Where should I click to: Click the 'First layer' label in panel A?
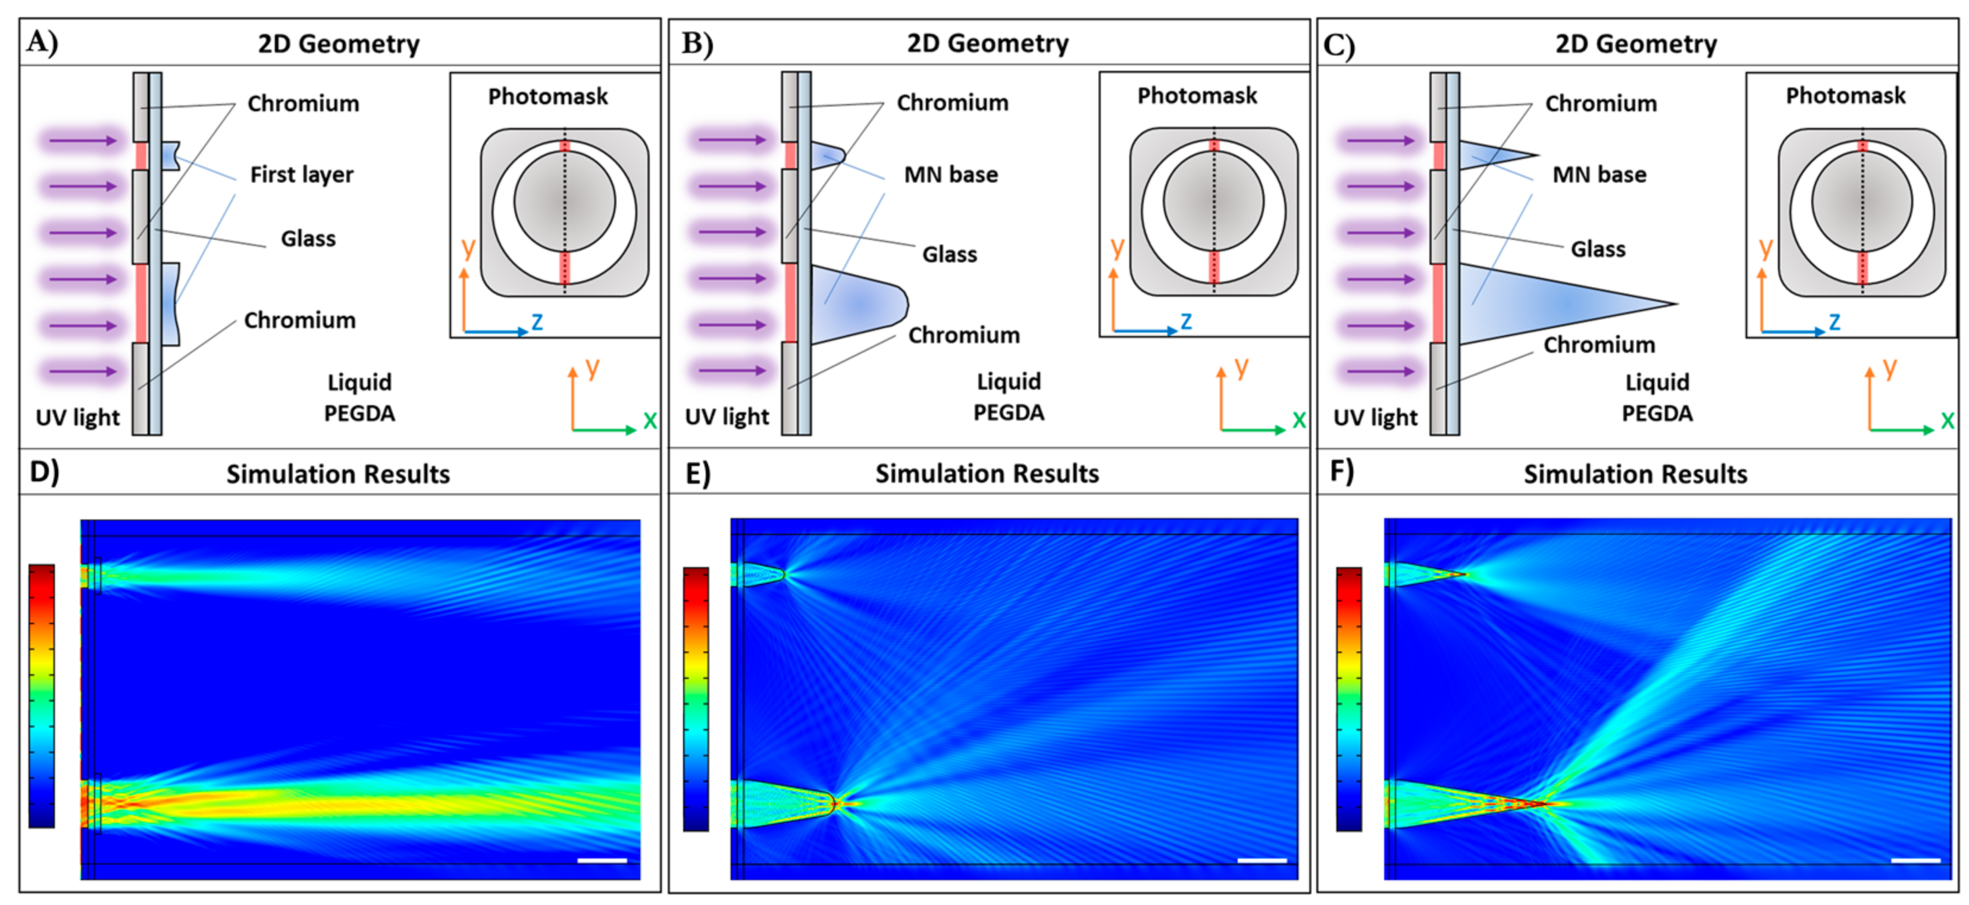[x=302, y=175]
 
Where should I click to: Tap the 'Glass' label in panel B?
[x=949, y=255]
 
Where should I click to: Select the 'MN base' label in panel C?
[x=1599, y=175]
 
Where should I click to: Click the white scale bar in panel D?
[x=602, y=860]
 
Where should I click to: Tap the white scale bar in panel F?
[x=1915, y=860]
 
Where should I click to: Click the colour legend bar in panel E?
[x=696, y=699]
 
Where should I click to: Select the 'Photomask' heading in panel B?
[x=1197, y=96]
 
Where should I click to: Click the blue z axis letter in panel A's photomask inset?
[x=537, y=322]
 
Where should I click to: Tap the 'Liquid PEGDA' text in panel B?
[x=1009, y=397]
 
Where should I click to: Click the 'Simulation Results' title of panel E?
[x=987, y=474]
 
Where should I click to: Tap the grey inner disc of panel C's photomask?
[x=1862, y=201]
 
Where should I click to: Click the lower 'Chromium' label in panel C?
[x=1599, y=345]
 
